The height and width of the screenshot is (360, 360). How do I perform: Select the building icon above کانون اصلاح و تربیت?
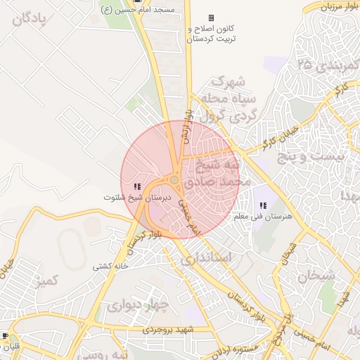(211, 18)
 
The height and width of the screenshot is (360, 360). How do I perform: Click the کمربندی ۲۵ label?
(328, 66)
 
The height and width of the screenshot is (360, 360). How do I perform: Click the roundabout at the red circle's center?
(174, 180)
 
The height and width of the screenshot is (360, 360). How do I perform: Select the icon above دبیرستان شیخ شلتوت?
(136, 186)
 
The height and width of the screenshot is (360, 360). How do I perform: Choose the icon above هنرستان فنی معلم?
(263, 205)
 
